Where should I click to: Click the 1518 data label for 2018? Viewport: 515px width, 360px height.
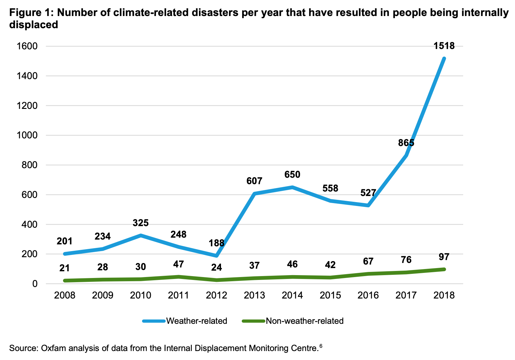pos(444,46)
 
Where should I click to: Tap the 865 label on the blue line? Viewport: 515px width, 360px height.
pos(406,143)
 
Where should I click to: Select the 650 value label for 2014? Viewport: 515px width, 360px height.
pos(292,175)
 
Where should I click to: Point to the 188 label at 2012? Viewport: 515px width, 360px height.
pos(217,243)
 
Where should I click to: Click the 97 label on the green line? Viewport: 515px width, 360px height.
pos(444,257)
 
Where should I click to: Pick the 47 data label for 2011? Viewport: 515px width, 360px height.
pos(178,264)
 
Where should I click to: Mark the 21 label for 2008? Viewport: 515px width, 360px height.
pos(65,268)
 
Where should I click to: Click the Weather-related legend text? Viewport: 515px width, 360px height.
pos(197,321)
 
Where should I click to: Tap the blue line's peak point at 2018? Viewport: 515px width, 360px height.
pos(444,58)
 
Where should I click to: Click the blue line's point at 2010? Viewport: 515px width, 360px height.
pos(141,235)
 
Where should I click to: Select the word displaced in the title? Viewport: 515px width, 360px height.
pos(34,24)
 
